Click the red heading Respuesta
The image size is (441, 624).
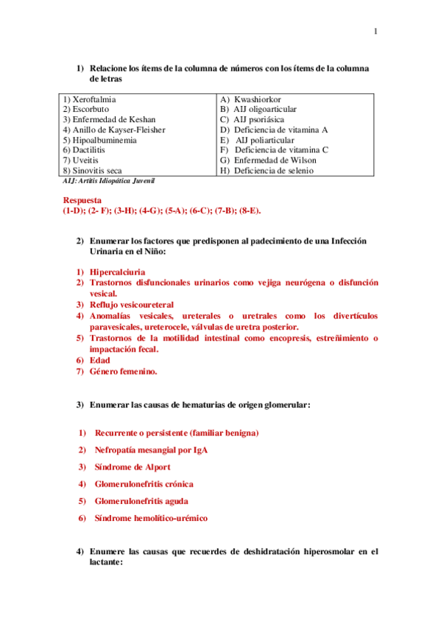tap(82, 199)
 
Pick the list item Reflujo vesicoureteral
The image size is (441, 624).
tap(132, 304)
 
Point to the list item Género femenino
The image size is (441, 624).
tap(124, 372)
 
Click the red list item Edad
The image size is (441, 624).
tap(100, 361)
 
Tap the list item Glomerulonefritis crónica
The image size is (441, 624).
tap(144, 484)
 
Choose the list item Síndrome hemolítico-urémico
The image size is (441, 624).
tap(151, 518)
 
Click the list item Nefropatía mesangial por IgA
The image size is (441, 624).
tap(150, 450)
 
